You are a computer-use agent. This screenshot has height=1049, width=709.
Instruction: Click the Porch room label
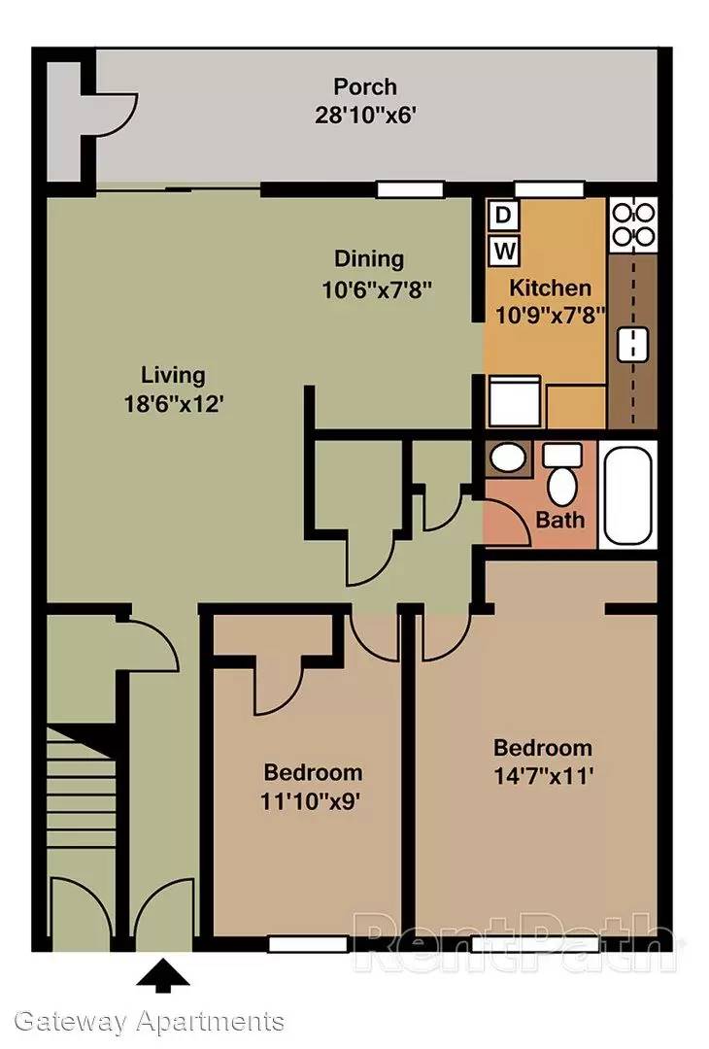click(x=365, y=87)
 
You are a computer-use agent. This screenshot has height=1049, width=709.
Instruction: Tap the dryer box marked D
click(x=503, y=216)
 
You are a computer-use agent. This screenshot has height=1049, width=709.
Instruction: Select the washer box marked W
click(x=504, y=252)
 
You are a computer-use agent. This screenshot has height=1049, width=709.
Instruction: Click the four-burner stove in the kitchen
click(x=632, y=224)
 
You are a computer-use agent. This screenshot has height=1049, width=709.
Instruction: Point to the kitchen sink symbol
click(x=632, y=343)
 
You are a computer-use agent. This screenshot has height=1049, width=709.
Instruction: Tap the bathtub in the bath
click(x=628, y=494)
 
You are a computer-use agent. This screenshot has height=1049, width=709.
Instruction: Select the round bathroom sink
click(x=508, y=458)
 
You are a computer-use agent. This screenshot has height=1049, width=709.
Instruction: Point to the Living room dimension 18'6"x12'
click(x=173, y=404)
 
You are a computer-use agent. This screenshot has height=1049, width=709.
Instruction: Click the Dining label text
click(x=368, y=258)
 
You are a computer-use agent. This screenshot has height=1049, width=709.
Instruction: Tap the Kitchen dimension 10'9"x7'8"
click(x=550, y=315)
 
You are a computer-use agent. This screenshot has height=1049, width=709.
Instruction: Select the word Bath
click(x=559, y=519)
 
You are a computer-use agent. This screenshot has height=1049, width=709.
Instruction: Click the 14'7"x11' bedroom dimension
click(x=543, y=776)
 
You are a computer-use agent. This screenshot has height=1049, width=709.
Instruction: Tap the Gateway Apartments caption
click(x=150, y=1022)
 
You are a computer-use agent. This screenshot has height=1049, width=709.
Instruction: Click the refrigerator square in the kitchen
click(x=515, y=401)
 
